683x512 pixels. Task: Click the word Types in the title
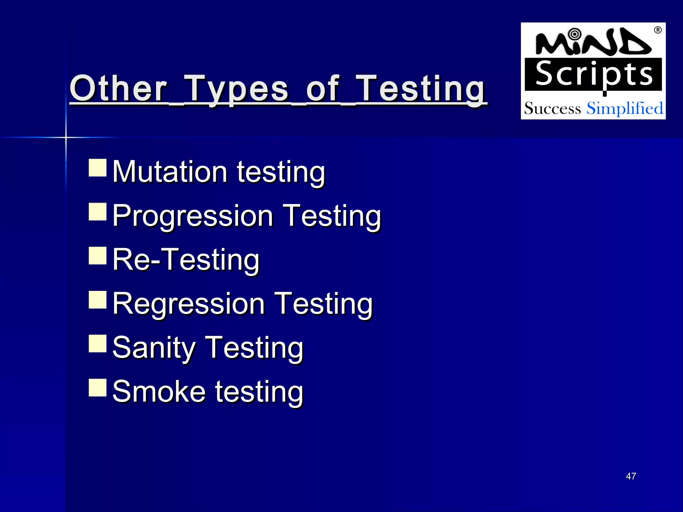click(236, 89)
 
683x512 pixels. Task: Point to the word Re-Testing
click(186, 260)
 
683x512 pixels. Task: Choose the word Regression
click(188, 304)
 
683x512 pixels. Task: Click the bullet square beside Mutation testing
click(98, 167)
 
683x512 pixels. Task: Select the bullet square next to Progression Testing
click(98, 212)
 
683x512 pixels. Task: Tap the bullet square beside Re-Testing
click(98, 256)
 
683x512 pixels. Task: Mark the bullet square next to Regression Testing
click(98, 300)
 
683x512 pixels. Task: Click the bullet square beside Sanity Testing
click(98, 344)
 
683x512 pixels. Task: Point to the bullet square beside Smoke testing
click(98, 388)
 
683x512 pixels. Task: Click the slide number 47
click(631, 476)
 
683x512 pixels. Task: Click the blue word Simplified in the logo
click(625, 108)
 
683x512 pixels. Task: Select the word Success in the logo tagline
click(552, 109)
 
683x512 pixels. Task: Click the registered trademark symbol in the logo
click(658, 30)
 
